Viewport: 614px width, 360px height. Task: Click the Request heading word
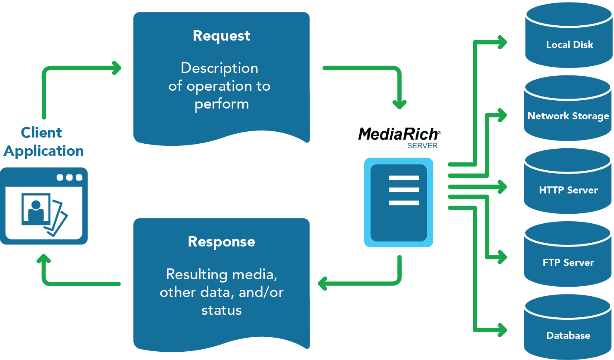tap(222, 36)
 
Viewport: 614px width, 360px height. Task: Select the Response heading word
tap(222, 242)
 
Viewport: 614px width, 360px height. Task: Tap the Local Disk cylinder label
tap(570, 45)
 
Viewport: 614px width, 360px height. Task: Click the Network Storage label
tap(568, 116)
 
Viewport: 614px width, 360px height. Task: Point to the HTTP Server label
tap(568, 190)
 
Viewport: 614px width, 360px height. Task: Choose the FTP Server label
tap(568, 263)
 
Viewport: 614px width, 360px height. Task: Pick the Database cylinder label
tap(568, 336)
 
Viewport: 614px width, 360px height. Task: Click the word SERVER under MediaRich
tap(422, 146)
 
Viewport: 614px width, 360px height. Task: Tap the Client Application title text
tap(43, 142)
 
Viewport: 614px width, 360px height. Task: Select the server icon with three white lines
tap(399, 202)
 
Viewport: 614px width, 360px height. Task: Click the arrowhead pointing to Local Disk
tap(503, 42)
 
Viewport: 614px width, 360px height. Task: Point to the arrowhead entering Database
tap(503, 330)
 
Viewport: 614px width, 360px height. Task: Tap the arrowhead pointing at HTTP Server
tap(503, 187)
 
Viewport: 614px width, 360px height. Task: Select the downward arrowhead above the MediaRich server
tap(399, 104)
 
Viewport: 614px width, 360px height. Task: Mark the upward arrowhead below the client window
tap(44, 260)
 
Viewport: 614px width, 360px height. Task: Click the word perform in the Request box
tap(222, 104)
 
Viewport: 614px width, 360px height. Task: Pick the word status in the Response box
tap(222, 310)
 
